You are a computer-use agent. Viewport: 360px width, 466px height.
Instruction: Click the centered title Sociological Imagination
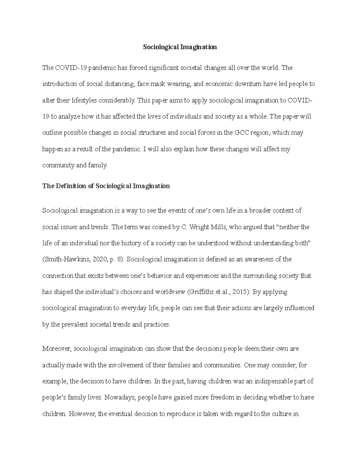pos(180,47)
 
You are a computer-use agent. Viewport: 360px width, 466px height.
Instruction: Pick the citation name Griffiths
pos(201,292)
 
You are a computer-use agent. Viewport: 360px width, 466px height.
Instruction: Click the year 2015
pos(240,292)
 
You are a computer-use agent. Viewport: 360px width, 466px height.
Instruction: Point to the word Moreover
pos(57,349)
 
